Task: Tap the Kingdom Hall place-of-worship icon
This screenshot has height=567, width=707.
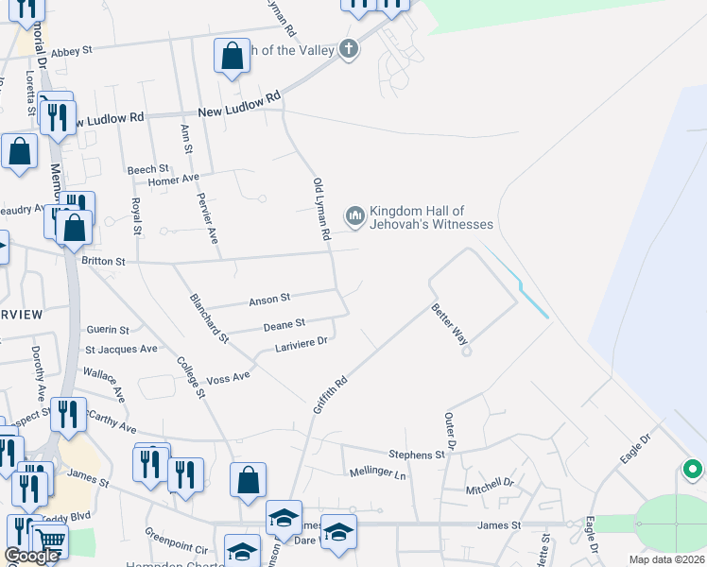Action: [354, 217]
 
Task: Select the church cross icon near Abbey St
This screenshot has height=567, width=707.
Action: [349, 49]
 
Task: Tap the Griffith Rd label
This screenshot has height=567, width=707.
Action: [331, 394]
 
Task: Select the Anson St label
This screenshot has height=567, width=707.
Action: [268, 301]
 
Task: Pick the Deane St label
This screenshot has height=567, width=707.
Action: [284, 324]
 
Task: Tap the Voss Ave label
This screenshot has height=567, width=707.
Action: [228, 376]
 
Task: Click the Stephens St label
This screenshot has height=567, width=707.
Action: [417, 455]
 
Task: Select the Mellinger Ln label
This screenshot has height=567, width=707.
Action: [377, 473]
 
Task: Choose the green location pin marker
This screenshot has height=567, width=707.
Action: [692, 469]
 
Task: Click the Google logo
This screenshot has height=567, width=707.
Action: [32, 556]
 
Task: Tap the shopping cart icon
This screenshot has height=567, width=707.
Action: [50, 541]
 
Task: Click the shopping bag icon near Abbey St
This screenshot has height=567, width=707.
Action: [232, 57]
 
